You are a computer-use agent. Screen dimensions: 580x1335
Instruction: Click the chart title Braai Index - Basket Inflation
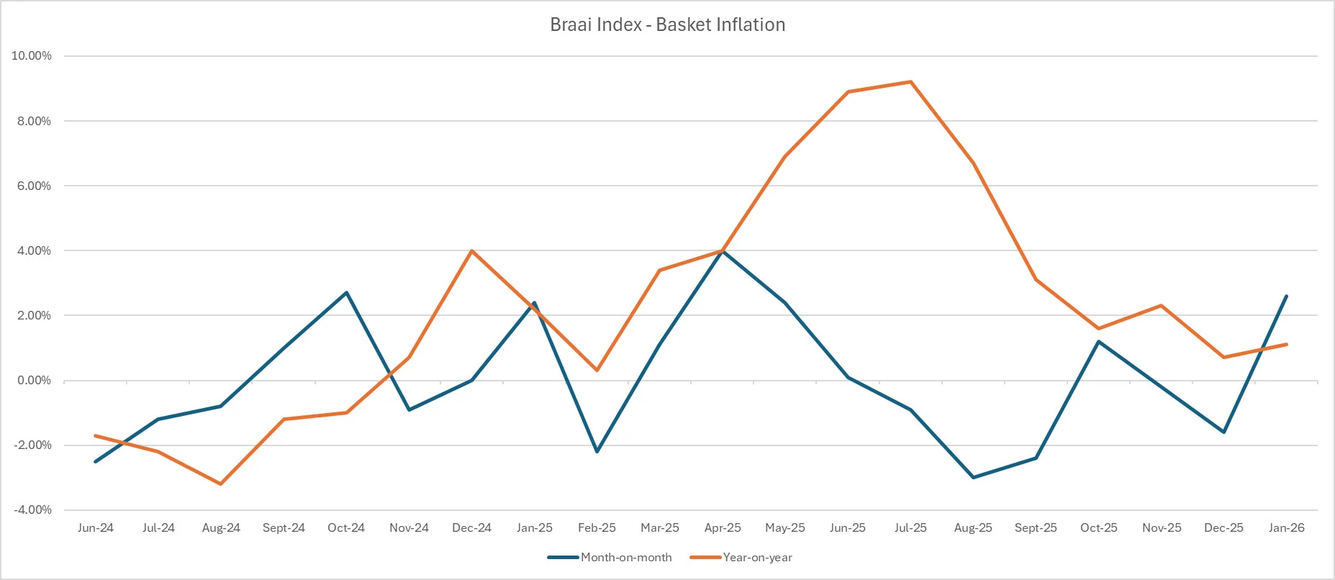click(x=667, y=24)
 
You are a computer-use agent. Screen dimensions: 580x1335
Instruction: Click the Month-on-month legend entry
click(x=625, y=557)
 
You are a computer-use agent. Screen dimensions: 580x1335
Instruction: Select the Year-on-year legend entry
click(x=757, y=557)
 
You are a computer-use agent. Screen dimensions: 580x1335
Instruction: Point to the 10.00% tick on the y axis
click(x=32, y=56)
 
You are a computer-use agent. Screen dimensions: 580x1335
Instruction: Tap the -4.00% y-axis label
click(x=33, y=509)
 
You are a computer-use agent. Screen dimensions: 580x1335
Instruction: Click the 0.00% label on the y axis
click(x=35, y=380)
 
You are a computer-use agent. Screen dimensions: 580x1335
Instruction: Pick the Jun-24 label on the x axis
click(x=95, y=527)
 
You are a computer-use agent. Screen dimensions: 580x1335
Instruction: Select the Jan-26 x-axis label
click(x=1287, y=527)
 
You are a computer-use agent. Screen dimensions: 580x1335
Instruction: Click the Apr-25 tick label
click(x=723, y=527)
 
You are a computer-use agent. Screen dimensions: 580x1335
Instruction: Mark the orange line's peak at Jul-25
click(x=910, y=82)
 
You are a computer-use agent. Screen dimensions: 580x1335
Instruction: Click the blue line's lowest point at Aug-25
click(x=973, y=477)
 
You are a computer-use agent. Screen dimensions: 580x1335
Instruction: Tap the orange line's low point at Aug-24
click(x=220, y=484)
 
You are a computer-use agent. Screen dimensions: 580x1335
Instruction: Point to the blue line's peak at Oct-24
click(x=346, y=292)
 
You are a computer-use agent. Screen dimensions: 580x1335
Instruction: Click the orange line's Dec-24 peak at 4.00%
click(x=471, y=250)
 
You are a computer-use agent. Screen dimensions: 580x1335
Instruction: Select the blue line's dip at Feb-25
click(x=597, y=451)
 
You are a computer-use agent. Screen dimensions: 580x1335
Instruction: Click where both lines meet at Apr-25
click(x=723, y=250)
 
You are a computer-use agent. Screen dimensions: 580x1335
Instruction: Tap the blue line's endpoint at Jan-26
click(x=1286, y=296)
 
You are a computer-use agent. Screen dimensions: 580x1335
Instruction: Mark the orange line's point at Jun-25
click(x=848, y=92)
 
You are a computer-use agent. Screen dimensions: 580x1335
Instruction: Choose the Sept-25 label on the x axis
click(x=1036, y=527)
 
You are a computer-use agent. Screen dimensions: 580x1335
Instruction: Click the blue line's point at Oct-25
click(x=1098, y=341)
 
